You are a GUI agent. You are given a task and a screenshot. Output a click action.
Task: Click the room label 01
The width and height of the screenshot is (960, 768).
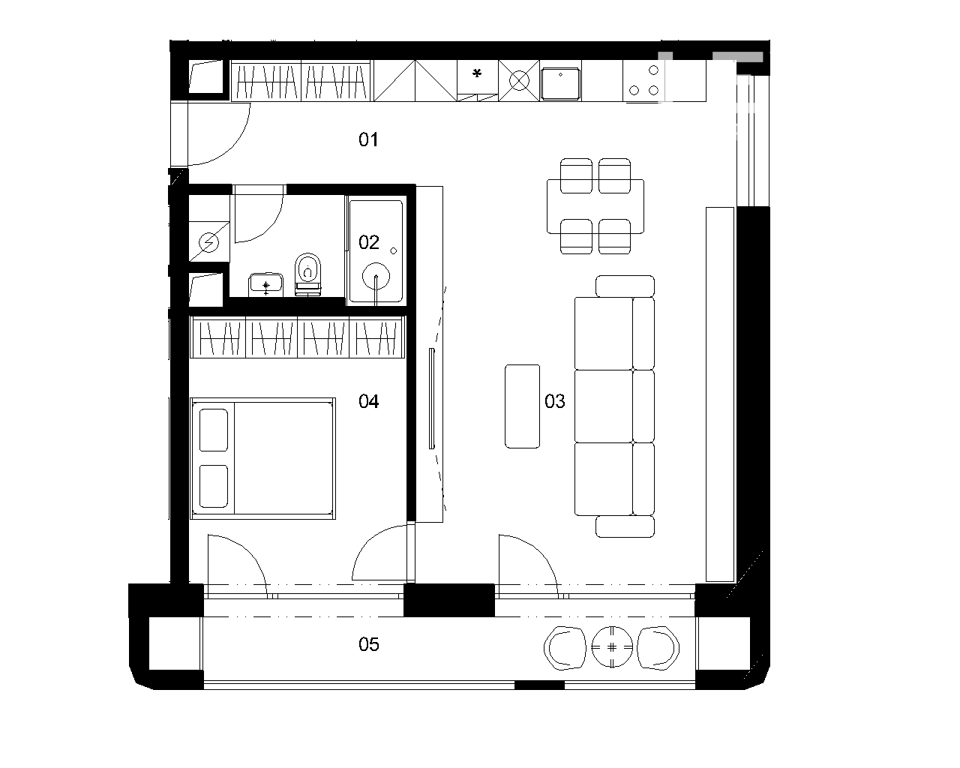pos(368,139)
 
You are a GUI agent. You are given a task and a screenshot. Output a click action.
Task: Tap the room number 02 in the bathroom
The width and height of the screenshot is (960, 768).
pos(369,242)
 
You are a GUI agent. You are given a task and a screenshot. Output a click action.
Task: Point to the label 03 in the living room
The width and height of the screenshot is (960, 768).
pos(555,401)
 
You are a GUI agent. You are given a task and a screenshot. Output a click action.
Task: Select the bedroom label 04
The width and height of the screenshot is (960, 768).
pos(369,401)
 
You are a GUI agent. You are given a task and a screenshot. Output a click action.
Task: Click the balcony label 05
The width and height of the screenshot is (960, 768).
pos(369,644)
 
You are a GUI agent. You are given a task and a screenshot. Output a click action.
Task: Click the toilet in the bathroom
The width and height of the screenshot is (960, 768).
pos(307,274)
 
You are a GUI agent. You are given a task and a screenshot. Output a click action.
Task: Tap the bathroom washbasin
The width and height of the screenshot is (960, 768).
pos(265,285)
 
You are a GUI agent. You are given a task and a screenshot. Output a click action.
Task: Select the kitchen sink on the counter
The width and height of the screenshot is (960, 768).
pos(560,84)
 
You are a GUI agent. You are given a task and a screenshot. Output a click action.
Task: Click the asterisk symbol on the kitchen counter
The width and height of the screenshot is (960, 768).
pos(477,73)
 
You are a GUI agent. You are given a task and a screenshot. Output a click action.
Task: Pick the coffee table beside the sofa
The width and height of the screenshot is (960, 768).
pos(523,406)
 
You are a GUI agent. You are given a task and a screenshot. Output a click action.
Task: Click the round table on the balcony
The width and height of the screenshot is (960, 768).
pos(612,646)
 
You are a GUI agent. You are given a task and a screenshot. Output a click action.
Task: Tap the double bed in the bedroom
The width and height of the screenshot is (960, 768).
pos(262,458)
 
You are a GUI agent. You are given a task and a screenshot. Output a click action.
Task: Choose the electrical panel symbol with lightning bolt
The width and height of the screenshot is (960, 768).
pos(208,241)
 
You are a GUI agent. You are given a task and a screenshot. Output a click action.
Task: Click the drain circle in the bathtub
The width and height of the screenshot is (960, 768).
pos(376,276)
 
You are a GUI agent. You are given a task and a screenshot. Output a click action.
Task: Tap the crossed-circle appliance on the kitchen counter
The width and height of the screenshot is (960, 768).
pos(519,81)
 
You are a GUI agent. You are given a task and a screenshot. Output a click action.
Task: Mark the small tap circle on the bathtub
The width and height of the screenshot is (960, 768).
pos(394,250)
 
